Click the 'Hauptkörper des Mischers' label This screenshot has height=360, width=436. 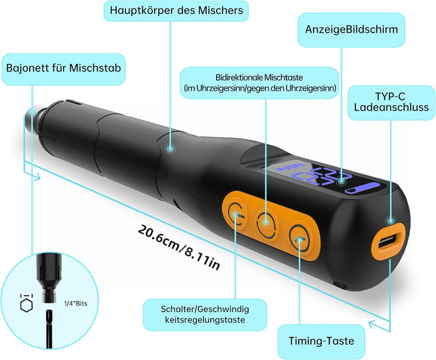pyautogui.click(x=176, y=11)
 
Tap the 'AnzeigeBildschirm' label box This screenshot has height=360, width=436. pyautogui.click(x=351, y=30)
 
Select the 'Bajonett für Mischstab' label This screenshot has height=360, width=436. pyautogui.click(x=64, y=68)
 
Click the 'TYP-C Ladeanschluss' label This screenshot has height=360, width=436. pyautogui.click(x=391, y=102)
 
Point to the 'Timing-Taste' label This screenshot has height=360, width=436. pyautogui.click(x=321, y=341)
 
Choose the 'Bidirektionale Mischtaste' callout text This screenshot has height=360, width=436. pyautogui.click(x=259, y=83)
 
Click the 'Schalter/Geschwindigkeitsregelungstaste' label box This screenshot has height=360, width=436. pyautogui.click(x=205, y=315)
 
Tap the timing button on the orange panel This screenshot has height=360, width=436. pyautogui.click(x=299, y=239)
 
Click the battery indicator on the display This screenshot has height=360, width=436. pyautogui.click(x=362, y=188)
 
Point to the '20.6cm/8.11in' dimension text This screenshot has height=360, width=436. pyautogui.click(x=179, y=247)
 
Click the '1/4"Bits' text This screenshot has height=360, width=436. pyautogui.click(x=76, y=303)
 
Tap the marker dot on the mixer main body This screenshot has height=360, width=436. pyautogui.click(x=170, y=149)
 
